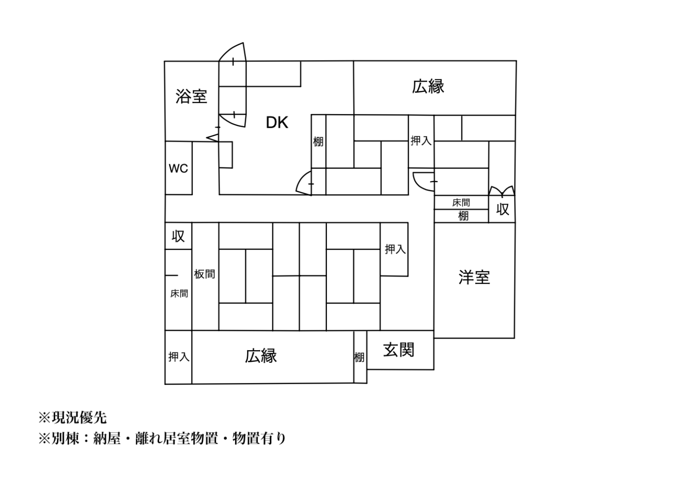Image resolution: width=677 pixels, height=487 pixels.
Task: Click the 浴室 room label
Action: pyautogui.click(x=191, y=96)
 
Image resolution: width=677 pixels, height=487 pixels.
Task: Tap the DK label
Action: pyautogui.click(x=277, y=123)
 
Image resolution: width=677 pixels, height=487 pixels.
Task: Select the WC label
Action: pyautogui.click(x=178, y=169)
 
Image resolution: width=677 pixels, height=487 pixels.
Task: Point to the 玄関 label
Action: pyautogui.click(x=399, y=350)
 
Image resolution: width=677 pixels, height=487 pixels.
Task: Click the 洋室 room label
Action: pyautogui.click(x=474, y=277)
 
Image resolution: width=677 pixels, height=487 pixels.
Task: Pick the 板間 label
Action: pyautogui.click(x=205, y=274)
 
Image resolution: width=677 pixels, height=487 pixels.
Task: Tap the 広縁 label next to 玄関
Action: pyautogui.click(x=261, y=356)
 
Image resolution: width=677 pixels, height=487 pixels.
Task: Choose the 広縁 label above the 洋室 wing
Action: pyautogui.click(x=428, y=87)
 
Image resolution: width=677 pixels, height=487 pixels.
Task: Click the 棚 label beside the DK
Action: pyautogui.click(x=318, y=142)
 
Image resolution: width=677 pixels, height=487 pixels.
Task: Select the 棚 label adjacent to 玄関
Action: pyautogui.click(x=359, y=357)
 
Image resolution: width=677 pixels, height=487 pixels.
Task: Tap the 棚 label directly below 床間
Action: pyautogui.click(x=463, y=216)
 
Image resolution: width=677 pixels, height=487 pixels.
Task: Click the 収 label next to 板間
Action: pyautogui.click(x=178, y=236)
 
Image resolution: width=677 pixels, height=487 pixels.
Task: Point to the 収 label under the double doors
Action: pyautogui.click(x=502, y=209)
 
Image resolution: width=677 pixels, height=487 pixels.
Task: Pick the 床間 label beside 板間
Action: pyautogui.click(x=179, y=294)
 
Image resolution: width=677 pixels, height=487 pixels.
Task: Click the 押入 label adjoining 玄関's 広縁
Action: pyautogui.click(x=178, y=357)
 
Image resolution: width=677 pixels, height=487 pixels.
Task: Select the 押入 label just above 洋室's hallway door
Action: pyautogui.click(x=421, y=141)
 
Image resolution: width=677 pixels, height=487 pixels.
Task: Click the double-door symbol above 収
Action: pyautogui.click(x=501, y=191)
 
